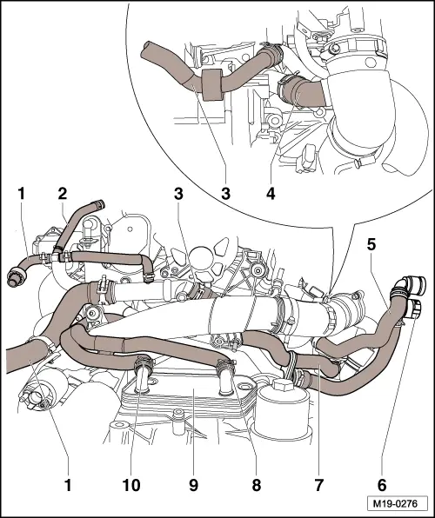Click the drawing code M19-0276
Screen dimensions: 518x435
(397, 501)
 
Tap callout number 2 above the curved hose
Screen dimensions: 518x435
(63, 192)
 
